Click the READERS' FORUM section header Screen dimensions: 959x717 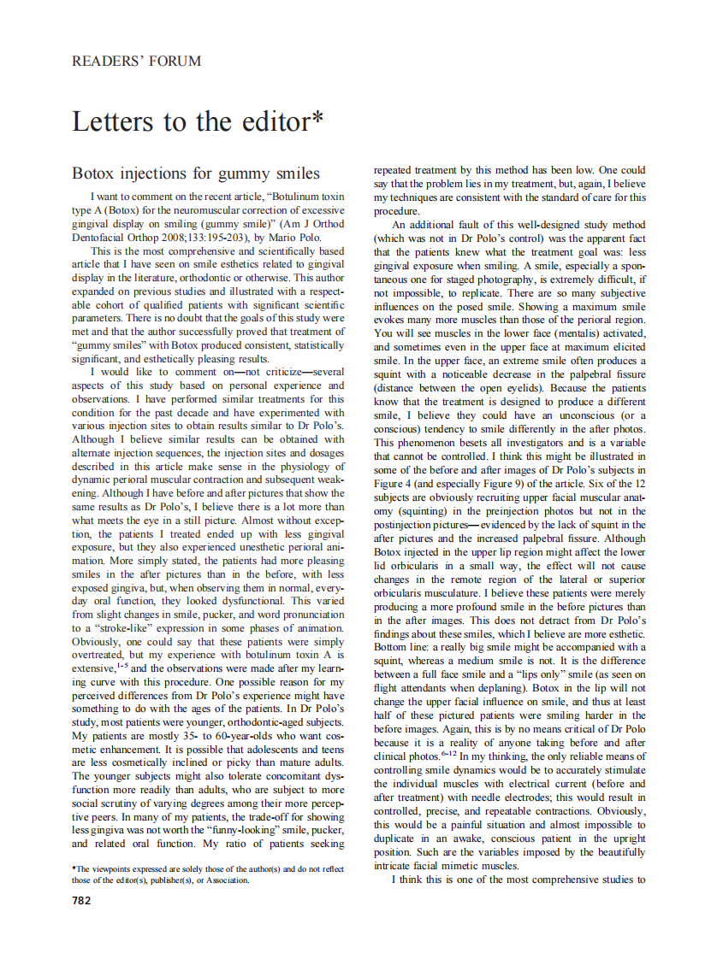point(137,61)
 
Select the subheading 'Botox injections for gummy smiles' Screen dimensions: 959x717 point(195,174)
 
